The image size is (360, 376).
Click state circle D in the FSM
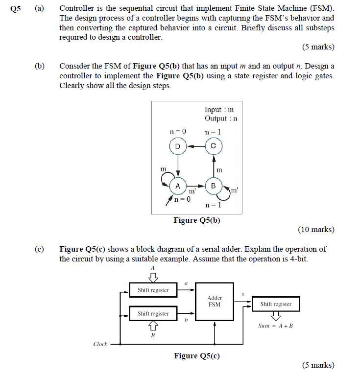177,146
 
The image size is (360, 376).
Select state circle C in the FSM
213,146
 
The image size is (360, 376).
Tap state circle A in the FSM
177,186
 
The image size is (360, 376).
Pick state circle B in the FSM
213,186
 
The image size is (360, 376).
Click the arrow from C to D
195,146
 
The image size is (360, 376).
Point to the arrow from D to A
177,166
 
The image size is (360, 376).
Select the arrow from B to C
213,166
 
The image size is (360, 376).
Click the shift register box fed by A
153,290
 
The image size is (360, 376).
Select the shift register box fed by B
153,313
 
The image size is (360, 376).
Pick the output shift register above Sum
276,304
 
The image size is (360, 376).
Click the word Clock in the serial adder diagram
100,344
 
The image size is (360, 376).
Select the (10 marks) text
316,229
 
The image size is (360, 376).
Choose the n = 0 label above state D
178,132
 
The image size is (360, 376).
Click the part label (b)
39,66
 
